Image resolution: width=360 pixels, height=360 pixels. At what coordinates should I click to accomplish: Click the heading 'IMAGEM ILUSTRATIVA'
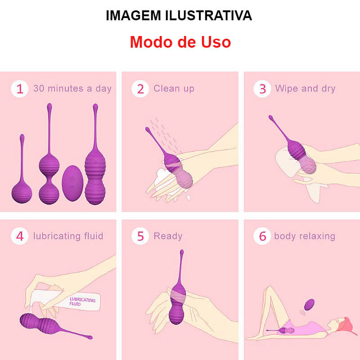179,15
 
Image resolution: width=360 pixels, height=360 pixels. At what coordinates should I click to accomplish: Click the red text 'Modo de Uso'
180,42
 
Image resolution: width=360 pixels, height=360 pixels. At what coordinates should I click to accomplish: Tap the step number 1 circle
19,89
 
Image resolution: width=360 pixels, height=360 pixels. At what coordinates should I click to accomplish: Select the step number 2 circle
140,89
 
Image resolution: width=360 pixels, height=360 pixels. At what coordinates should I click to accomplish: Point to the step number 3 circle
262,89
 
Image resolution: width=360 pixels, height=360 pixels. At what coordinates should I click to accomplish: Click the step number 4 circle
19,236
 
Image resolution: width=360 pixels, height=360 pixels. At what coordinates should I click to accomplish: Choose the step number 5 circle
140,236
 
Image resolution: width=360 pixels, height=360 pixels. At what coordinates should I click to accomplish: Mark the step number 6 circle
262,236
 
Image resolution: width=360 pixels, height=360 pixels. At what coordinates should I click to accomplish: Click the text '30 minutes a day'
72,89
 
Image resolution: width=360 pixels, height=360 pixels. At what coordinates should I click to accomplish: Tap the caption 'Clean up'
174,89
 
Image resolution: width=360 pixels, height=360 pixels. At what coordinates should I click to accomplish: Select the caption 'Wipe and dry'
305,89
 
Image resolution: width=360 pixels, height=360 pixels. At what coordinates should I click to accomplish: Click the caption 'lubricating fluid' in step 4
68,236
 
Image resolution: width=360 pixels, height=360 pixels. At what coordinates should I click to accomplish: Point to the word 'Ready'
168,236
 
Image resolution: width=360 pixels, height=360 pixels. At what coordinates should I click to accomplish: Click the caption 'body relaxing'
305,236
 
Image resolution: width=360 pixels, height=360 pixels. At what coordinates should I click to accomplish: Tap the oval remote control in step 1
72,184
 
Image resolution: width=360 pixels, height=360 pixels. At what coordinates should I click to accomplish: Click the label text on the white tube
82,301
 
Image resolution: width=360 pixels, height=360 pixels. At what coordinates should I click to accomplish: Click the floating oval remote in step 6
309,304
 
